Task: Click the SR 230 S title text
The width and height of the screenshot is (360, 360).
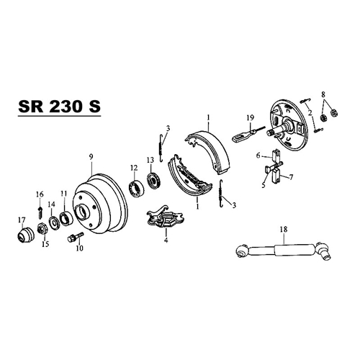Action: pyautogui.click(x=59, y=107)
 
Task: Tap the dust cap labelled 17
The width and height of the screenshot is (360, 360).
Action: pyautogui.click(x=26, y=235)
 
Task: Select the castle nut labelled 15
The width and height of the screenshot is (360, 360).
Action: pyautogui.click(x=42, y=228)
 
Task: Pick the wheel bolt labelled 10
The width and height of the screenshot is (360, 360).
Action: pyautogui.click(x=76, y=236)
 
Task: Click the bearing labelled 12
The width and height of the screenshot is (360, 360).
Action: pyautogui.click(x=137, y=188)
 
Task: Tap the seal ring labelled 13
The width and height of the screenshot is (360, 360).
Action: pyautogui.click(x=153, y=180)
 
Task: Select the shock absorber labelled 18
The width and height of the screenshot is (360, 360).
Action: pyautogui.click(x=284, y=250)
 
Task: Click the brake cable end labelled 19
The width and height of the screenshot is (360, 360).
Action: pyautogui.click(x=248, y=134)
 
